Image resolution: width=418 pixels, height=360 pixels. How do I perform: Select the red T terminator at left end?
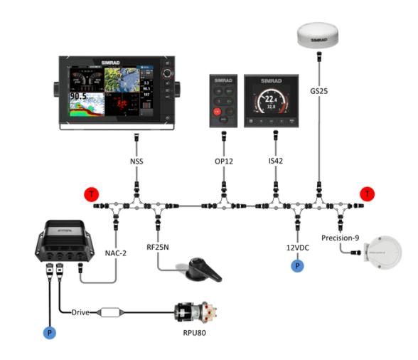[90, 194]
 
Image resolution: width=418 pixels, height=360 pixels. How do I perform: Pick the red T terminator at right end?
[367, 194]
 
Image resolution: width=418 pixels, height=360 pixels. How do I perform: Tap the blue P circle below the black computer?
[50, 332]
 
